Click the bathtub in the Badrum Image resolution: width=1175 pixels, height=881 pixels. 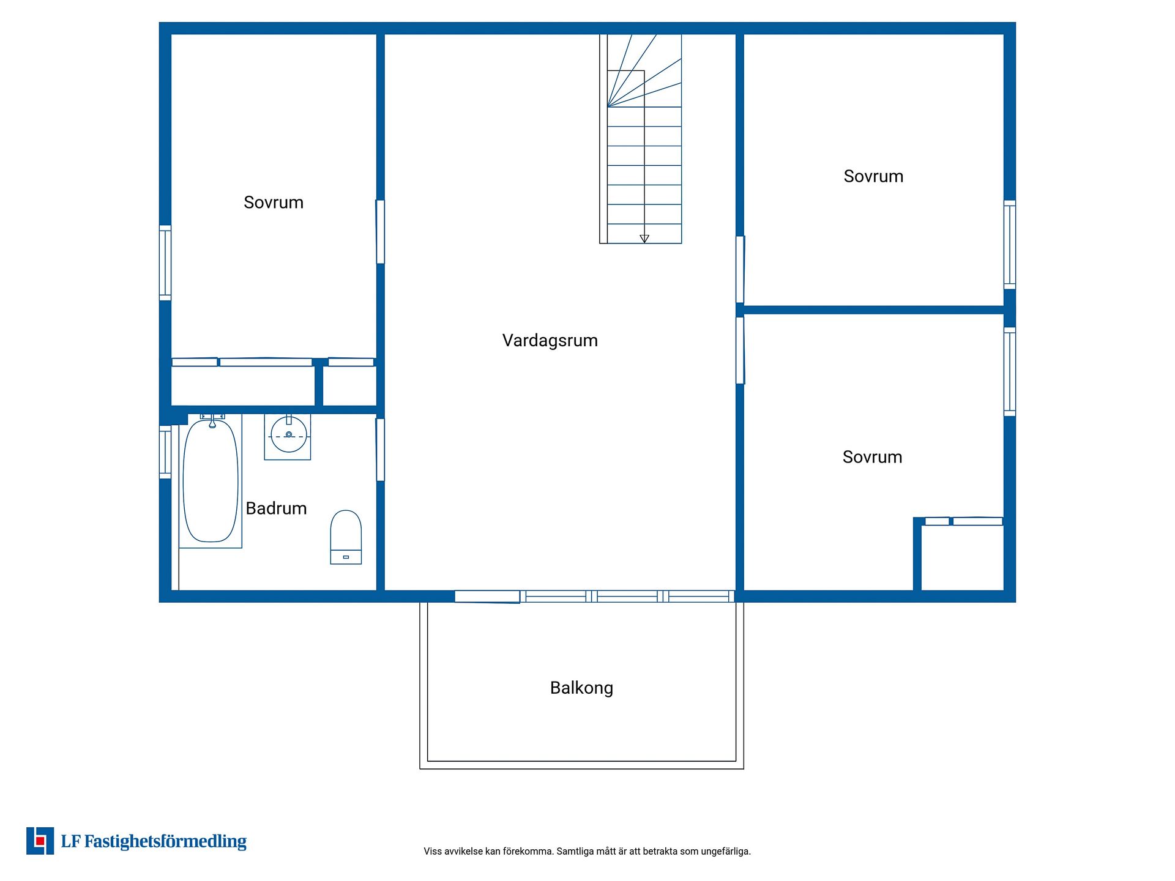(x=211, y=481)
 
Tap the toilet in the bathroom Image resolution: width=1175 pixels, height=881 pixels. (x=346, y=537)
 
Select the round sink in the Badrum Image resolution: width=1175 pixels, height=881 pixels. (x=288, y=435)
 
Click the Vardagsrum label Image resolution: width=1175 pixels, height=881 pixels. (x=550, y=341)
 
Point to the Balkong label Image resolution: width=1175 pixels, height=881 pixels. (x=581, y=688)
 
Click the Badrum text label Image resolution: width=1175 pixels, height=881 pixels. (x=276, y=508)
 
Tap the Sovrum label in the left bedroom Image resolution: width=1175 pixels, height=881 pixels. (x=274, y=203)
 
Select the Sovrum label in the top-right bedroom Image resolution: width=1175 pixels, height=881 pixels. (x=873, y=176)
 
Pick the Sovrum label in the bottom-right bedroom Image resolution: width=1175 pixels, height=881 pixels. (x=872, y=457)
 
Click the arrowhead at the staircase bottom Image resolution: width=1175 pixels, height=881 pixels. (x=644, y=239)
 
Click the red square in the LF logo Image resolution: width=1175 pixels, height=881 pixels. (x=40, y=841)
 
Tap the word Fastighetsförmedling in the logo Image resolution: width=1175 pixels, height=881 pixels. (x=165, y=842)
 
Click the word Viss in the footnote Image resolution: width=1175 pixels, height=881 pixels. (x=433, y=851)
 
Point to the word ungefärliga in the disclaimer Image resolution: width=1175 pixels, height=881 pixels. (x=725, y=852)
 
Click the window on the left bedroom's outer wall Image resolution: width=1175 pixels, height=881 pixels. (x=165, y=263)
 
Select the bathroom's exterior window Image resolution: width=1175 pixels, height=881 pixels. (x=165, y=452)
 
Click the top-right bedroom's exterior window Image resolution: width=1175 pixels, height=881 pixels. (x=1010, y=245)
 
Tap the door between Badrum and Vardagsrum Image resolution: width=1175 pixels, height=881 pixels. (x=380, y=450)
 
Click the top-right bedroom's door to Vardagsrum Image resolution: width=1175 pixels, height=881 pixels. (x=740, y=270)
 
